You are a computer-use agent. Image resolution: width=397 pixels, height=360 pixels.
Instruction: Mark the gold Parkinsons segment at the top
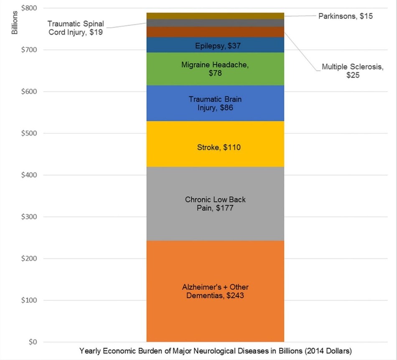(215, 15)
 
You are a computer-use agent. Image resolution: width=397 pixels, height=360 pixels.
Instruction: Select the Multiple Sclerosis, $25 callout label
(352, 71)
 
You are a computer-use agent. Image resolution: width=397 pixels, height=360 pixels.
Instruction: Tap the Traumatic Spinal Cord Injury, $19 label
(76, 28)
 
